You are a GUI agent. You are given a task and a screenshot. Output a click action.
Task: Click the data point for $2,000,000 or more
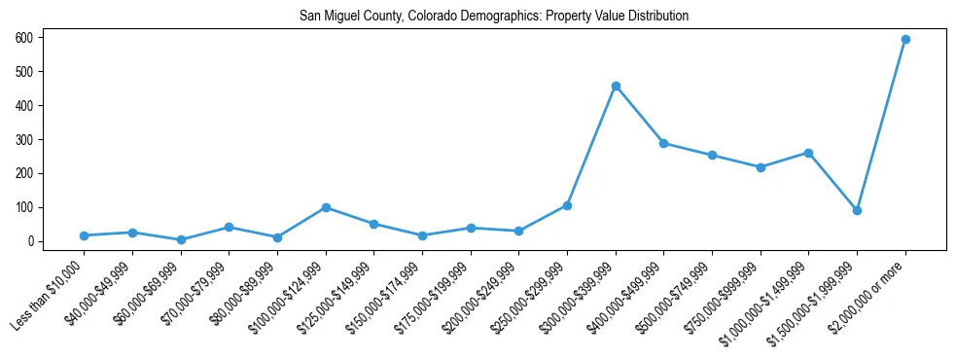905,39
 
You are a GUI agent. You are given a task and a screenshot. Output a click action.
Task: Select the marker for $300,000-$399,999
616,86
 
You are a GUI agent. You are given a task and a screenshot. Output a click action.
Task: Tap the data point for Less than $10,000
85,235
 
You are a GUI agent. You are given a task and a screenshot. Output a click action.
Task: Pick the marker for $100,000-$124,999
326,207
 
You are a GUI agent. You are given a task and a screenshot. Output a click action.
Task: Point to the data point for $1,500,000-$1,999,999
857,210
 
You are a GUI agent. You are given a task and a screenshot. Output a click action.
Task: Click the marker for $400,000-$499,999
663,143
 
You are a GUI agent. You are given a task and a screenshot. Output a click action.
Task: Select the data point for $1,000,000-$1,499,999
808,153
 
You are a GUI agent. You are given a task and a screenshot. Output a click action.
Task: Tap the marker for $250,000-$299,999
567,205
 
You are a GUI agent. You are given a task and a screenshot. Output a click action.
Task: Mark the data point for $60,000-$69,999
181,239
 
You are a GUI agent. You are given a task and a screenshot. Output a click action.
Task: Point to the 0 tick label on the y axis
57,241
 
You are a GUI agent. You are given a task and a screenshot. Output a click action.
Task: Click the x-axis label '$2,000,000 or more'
869,294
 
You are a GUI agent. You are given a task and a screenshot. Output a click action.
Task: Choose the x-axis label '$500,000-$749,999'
676,294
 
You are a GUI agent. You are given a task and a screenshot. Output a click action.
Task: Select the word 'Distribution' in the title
657,16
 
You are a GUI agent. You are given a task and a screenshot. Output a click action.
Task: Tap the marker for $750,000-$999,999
761,167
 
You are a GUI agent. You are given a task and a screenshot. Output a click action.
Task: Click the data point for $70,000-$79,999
229,227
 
